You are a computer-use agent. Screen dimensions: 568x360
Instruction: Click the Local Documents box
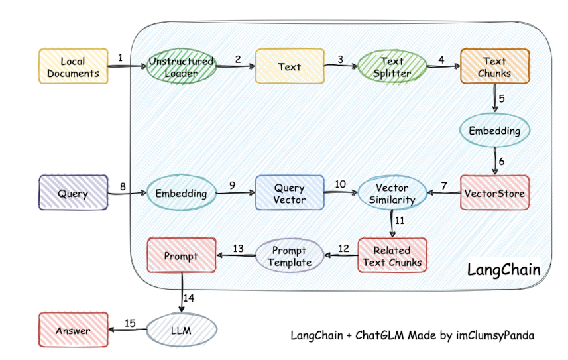click(73, 66)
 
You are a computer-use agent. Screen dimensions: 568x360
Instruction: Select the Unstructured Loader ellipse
click(182, 66)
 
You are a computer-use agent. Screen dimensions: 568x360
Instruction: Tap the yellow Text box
click(290, 66)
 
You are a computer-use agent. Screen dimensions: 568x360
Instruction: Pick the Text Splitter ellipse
click(392, 66)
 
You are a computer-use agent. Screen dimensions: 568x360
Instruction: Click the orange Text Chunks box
click(495, 66)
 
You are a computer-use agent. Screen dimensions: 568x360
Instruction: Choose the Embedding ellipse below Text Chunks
click(495, 131)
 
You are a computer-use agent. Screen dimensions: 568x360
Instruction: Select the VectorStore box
click(495, 192)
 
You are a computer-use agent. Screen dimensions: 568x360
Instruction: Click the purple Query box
click(73, 192)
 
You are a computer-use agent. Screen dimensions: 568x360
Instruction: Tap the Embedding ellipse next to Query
click(182, 193)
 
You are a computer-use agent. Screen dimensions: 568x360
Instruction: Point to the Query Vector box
click(290, 192)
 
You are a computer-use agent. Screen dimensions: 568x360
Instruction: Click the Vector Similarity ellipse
click(392, 193)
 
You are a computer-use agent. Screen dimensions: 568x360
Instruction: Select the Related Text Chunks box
click(392, 255)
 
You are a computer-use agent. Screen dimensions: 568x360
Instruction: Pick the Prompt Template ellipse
click(290, 256)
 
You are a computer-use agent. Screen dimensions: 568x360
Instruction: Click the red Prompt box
click(182, 255)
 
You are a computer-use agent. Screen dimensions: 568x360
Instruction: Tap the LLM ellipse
click(182, 330)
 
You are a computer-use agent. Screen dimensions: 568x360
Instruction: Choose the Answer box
click(73, 330)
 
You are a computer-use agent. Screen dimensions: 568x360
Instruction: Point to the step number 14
click(189, 298)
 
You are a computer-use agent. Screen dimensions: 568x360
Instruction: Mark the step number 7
click(444, 186)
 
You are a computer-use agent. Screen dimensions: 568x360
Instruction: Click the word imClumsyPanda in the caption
click(495, 335)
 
